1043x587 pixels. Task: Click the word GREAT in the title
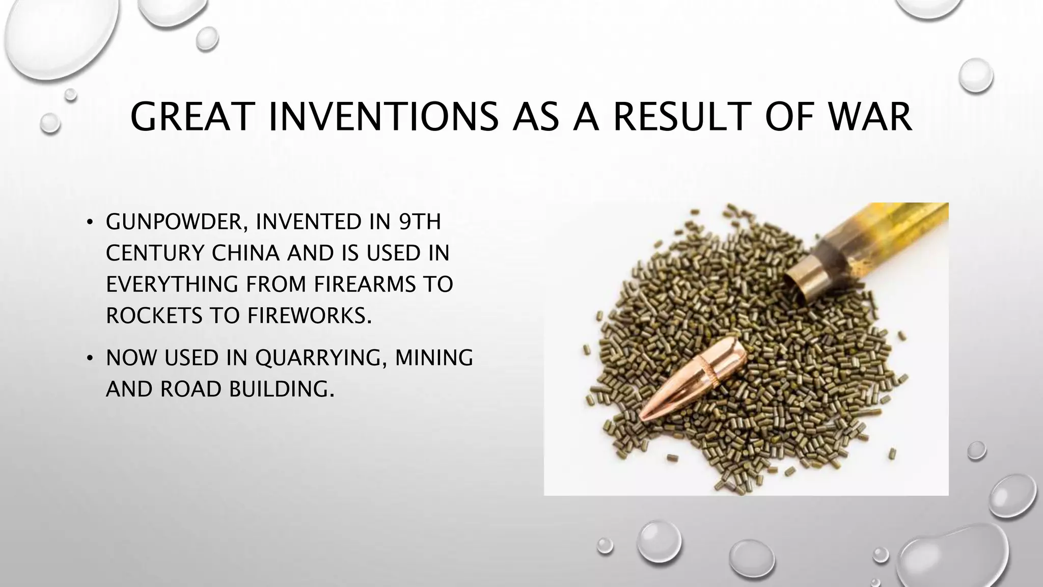click(192, 117)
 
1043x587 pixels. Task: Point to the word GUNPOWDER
click(173, 222)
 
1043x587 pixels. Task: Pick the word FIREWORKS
click(309, 316)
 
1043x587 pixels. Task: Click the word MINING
click(434, 358)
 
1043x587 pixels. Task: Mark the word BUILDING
click(282, 389)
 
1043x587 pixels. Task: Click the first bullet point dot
click(90, 222)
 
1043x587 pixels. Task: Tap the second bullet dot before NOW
click(90, 358)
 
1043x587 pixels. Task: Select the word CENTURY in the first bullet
click(155, 253)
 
